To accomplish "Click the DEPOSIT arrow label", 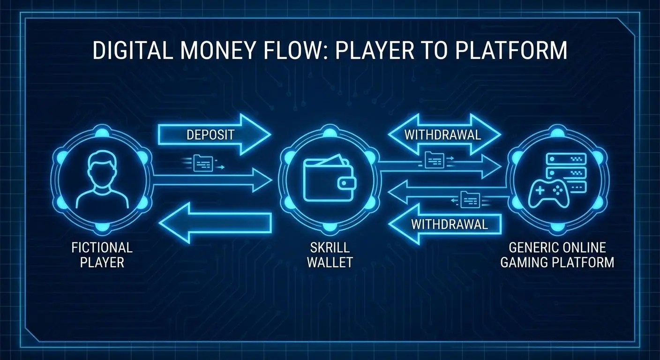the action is click(210, 135).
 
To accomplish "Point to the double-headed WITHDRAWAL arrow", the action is click(444, 135).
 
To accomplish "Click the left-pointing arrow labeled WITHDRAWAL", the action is click(445, 225).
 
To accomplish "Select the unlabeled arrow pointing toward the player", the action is click(215, 223).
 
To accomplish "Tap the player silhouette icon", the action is click(102, 180).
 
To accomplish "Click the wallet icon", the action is click(330, 178).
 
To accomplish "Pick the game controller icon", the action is click(548, 194).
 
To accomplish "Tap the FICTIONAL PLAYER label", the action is click(102, 255).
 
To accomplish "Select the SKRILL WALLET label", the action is click(330, 255).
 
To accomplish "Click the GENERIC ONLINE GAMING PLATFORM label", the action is click(557, 255).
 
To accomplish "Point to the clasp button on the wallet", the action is click(345, 184).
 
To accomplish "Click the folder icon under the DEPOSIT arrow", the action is click(203, 163).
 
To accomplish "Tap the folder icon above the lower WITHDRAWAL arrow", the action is click(470, 200).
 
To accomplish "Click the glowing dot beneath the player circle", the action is click(102, 227).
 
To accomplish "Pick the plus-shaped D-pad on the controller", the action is click(540, 191).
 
